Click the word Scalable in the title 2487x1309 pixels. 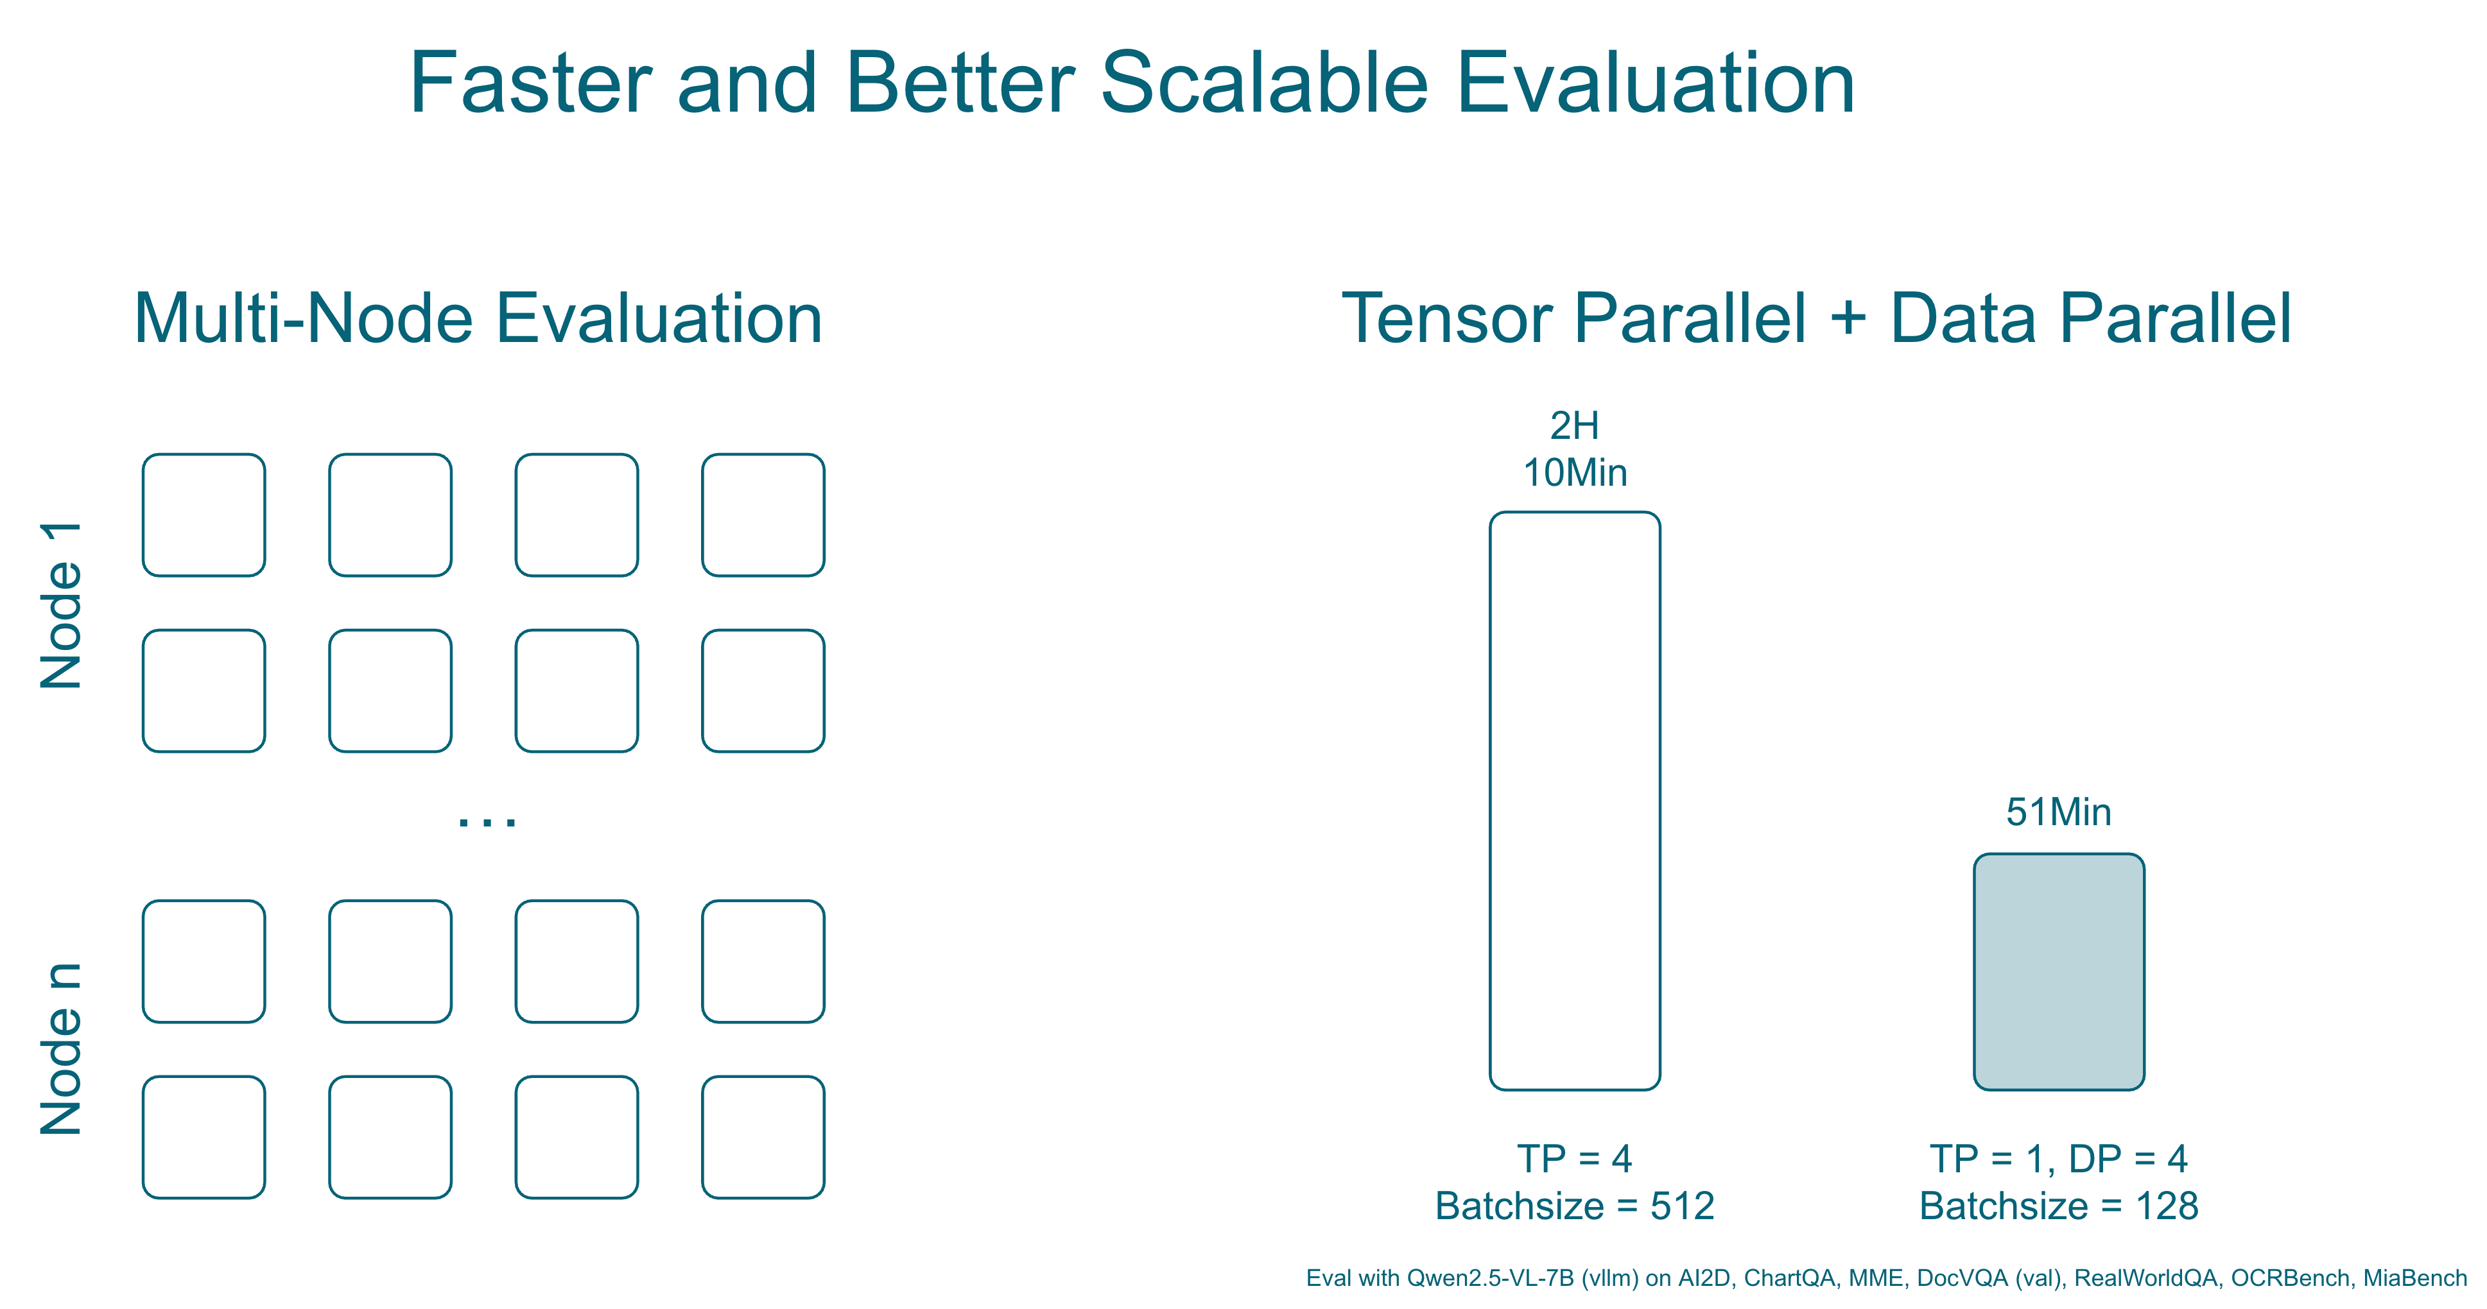[1265, 83]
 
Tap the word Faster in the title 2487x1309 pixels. [531, 83]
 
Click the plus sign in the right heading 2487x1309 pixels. [1848, 318]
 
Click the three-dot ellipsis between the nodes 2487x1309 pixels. [487, 821]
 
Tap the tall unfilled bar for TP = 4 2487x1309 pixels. [1575, 801]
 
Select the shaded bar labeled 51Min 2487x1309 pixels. [2059, 972]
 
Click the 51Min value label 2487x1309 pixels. [2059, 812]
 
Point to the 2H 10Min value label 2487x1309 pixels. [1575, 449]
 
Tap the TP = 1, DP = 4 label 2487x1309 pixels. [2059, 1158]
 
